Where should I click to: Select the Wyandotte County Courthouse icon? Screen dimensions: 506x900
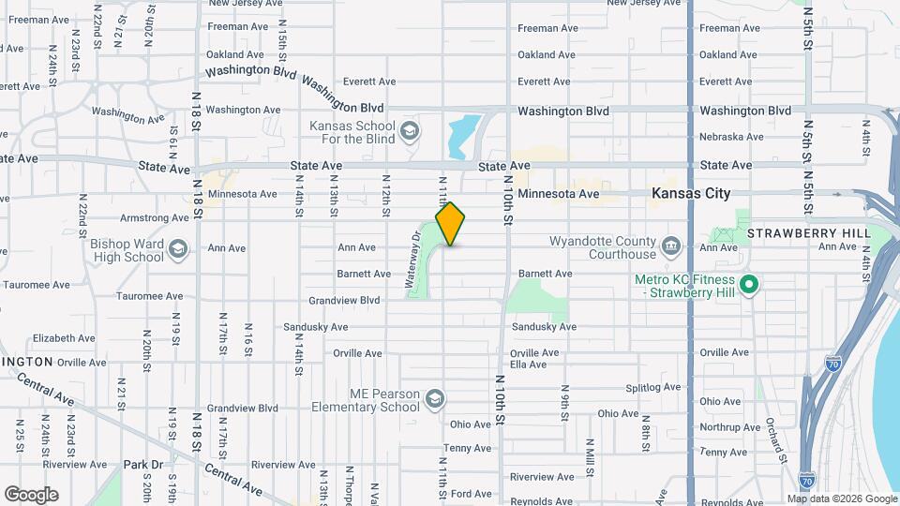coord(671,247)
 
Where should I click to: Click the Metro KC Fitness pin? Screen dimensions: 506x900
coord(748,284)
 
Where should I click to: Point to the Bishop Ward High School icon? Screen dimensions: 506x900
coord(179,249)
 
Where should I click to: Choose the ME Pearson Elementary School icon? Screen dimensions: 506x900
coord(435,400)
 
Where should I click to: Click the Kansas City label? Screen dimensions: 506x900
coord(691,193)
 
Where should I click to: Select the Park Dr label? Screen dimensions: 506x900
coord(143,464)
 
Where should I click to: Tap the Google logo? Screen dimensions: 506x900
coord(31,495)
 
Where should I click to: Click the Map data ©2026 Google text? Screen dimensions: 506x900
coord(841,499)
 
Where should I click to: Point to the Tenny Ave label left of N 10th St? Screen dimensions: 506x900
coord(468,448)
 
